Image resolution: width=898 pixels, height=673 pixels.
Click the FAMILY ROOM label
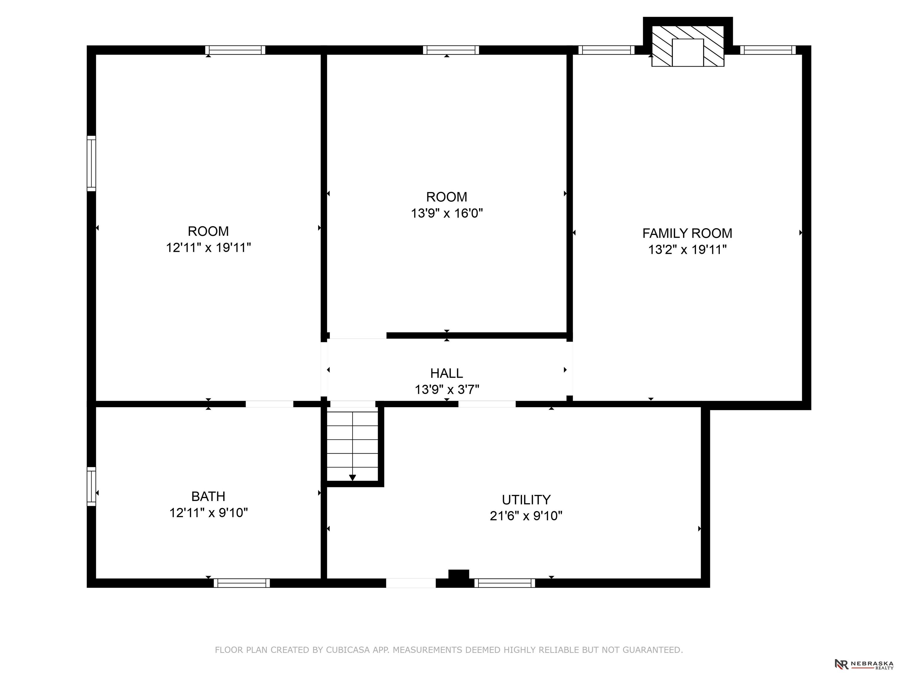click(687, 233)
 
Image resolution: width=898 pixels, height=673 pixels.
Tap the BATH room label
click(208, 496)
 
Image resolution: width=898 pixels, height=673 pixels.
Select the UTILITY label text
click(526, 499)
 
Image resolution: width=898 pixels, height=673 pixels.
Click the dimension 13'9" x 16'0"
click(447, 213)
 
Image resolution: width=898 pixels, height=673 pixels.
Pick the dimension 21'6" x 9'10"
click(526, 516)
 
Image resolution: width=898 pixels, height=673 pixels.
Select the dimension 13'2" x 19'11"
click(687, 249)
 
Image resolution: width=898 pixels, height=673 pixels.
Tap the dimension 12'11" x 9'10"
click(208, 513)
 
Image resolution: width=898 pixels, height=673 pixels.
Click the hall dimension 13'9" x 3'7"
click(447, 389)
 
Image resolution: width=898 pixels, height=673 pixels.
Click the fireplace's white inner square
click(688, 53)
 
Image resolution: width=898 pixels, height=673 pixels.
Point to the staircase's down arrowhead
click(352, 478)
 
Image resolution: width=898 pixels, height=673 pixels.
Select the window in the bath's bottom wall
click(242, 583)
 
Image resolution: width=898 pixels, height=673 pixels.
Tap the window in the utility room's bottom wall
click(505, 583)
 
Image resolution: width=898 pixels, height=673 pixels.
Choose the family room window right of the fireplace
click(768, 50)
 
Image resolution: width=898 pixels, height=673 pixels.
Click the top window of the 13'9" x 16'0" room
click(451, 50)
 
